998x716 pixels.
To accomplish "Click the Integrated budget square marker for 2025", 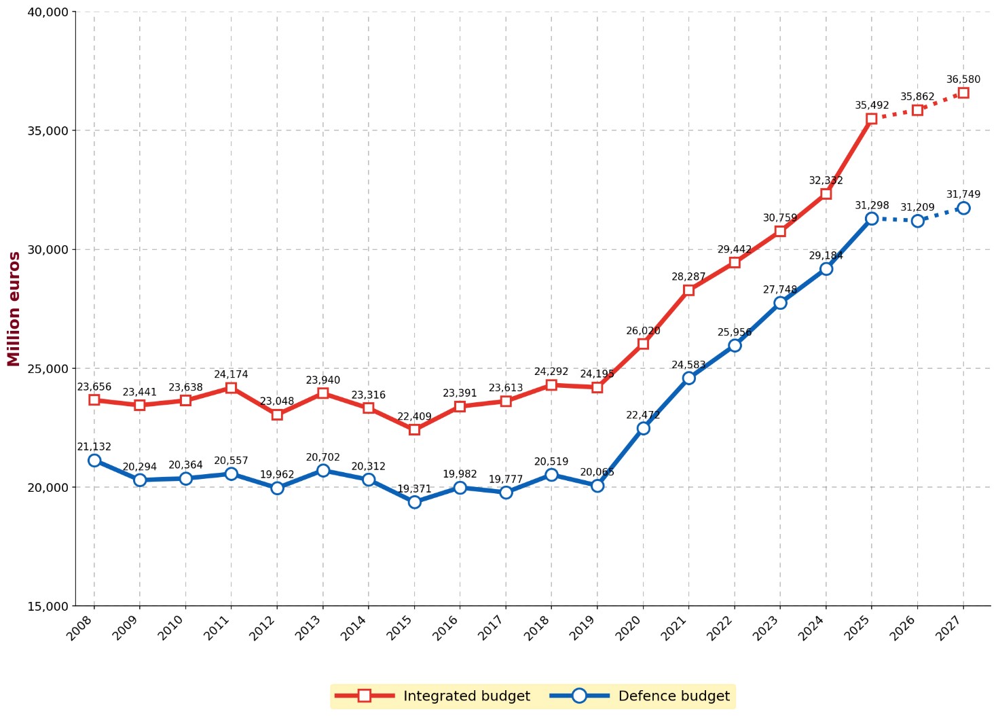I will (871, 119).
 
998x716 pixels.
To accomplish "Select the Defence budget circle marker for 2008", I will (94, 461).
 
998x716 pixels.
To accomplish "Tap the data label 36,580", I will (963, 79).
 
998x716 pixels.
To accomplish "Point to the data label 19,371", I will (414, 489).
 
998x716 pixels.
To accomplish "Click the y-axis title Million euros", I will (14, 309).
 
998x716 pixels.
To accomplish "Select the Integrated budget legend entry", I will (435, 696).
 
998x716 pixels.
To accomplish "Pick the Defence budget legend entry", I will (642, 696).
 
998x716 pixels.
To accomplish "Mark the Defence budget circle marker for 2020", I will (643, 428).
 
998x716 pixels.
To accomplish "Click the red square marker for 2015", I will (414, 429).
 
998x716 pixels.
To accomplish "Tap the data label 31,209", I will (917, 208).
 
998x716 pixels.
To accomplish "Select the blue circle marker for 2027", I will (963, 208).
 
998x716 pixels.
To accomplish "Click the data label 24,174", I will (231, 374).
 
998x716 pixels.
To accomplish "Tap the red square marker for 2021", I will (688, 290).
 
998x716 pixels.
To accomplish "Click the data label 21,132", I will (94, 447).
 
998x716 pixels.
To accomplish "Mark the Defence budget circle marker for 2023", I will (780, 303).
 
